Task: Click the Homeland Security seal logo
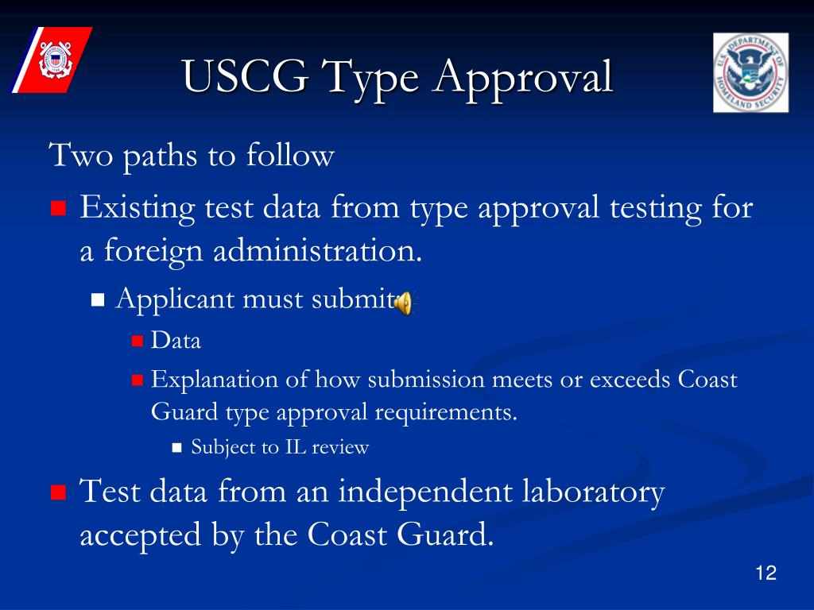(x=750, y=72)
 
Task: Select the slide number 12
(x=766, y=573)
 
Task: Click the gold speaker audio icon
(x=404, y=302)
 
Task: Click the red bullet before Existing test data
(x=57, y=210)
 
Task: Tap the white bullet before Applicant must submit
(x=99, y=300)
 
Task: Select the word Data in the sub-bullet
(x=176, y=342)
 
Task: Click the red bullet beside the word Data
(x=137, y=342)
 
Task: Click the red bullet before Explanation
(x=137, y=380)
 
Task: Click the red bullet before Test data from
(x=57, y=492)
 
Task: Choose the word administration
(x=318, y=252)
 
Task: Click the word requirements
(x=446, y=413)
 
